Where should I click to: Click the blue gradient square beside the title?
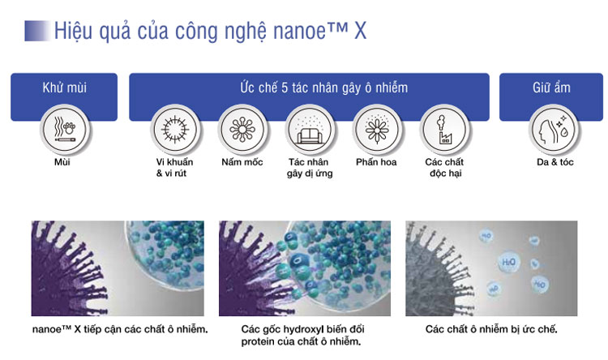pyautogui.click(x=37, y=31)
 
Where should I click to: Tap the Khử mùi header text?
pyautogui.click(x=64, y=88)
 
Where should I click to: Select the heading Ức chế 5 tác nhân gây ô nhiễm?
pyautogui.click(x=323, y=88)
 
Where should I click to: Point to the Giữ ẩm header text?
pyautogui.click(x=551, y=88)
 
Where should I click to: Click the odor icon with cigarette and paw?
pyautogui.click(x=65, y=130)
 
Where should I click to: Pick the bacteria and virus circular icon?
pyautogui.click(x=175, y=130)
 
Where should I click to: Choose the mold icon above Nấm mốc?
pyautogui.click(x=242, y=130)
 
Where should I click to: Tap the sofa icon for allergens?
pyautogui.click(x=310, y=130)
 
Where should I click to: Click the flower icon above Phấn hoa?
pyautogui.click(x=376, y=130)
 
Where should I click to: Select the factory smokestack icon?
pyautogui.click(x=444, y=130)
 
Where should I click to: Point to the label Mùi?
pyautogui.click(x=62, y=162)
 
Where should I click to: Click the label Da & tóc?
pyautogui.click(x=554, y=162)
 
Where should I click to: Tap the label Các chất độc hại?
pyautogui.click(x=444, y=168)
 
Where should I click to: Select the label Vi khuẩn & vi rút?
pyautogui.click(x=174, y=168)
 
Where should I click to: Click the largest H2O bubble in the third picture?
pyautogui.click(x=508, y=262)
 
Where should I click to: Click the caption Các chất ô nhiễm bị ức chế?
pyautogui.click(x=491, y=329)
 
